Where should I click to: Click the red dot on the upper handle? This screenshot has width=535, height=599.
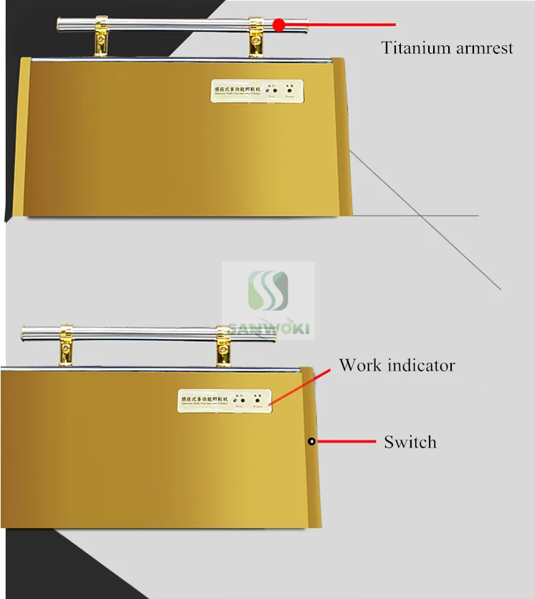[x=279, y=24]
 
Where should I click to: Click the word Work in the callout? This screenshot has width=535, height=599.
[x=360, y=365]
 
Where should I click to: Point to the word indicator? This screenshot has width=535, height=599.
[x=421, y=365]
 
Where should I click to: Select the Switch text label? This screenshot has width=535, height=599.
[x=409, y=442]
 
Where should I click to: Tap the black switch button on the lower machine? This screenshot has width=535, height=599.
[x=312, y=441]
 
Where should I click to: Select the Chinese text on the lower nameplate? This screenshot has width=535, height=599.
[x=204, y=397]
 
